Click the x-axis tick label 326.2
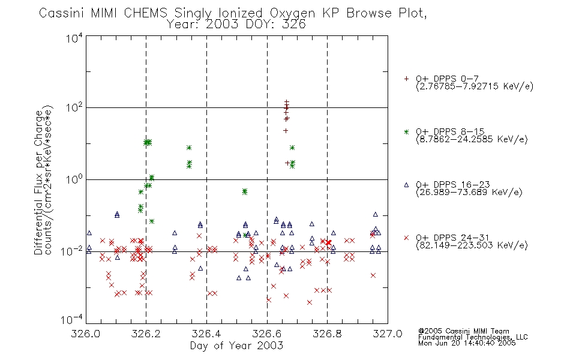click(x=146, y=334)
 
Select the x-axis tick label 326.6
click(x=267, y=334)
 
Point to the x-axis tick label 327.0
click(x=388, y=334)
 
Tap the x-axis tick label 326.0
click(x=86, y=334)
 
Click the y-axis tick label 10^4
click(x=74, y=38)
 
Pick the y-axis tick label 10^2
click(x=74, y=108)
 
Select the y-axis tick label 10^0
click(x=74, y=179)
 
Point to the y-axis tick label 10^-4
click(x=72, y=320)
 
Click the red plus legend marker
click(x=406, y=79)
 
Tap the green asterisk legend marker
click(x=406, y=132)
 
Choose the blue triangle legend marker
click(x=406, y=185)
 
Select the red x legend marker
click(x=406, y=238)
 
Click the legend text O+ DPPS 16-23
click(x=453, y=184)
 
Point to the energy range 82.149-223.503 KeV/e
click(x=472, y=245)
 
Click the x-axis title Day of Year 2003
click(x=236, y=346)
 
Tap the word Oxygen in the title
click(x=292, y=14)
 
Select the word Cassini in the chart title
click(x=62, y=13)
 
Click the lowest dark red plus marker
click(x=287, y=163)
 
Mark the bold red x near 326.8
click(x=329, y=242)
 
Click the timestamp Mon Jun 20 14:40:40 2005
click(x=467, y=343)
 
